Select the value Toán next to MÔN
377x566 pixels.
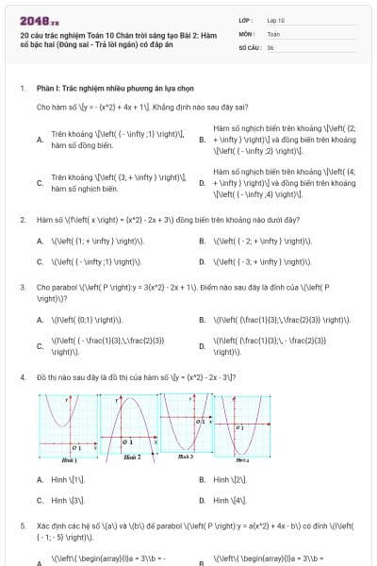pos(273,33)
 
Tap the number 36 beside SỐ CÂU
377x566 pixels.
pos(270,46)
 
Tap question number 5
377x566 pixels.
pos(22,524)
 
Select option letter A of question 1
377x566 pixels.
pos(40,140)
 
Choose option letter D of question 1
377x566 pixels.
pos(203,183)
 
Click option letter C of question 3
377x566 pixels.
pos(40,346)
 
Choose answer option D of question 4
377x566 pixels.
pos(203,500)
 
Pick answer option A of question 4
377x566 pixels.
pos(40,479)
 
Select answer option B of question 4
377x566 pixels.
pos(203,479)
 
